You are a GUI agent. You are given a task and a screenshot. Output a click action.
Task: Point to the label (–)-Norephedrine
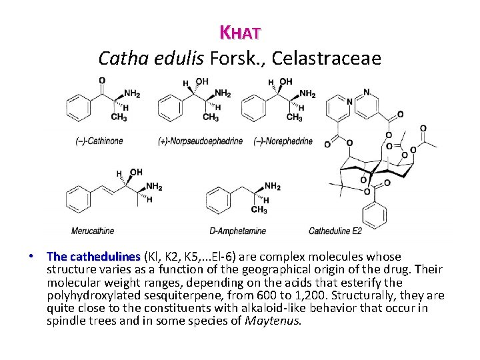tap(284, 141)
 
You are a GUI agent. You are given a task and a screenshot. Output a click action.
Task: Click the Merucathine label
tap(93, 231)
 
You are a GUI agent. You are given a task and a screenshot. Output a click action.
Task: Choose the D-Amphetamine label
tap(238, 231)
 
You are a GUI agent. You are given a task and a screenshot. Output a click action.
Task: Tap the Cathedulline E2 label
tap(335, 231)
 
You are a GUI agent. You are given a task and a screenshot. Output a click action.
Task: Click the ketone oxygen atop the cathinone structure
tap(102, 81)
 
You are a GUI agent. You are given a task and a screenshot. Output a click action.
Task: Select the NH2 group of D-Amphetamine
tap(272, 186)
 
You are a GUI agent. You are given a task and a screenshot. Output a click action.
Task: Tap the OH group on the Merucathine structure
tap(136, 172)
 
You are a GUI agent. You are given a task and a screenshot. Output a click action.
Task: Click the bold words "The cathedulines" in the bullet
tap(93, 257)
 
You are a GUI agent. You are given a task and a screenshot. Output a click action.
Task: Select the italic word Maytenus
tap(273, 321)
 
